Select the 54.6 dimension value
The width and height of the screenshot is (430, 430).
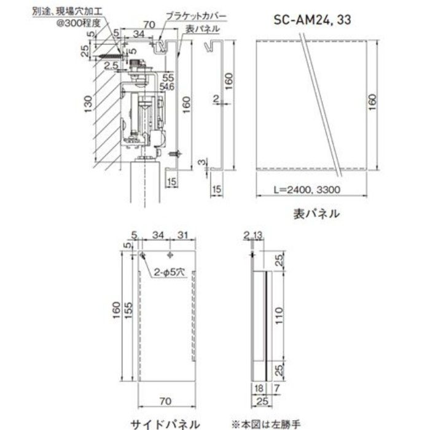[x=167, y=88]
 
